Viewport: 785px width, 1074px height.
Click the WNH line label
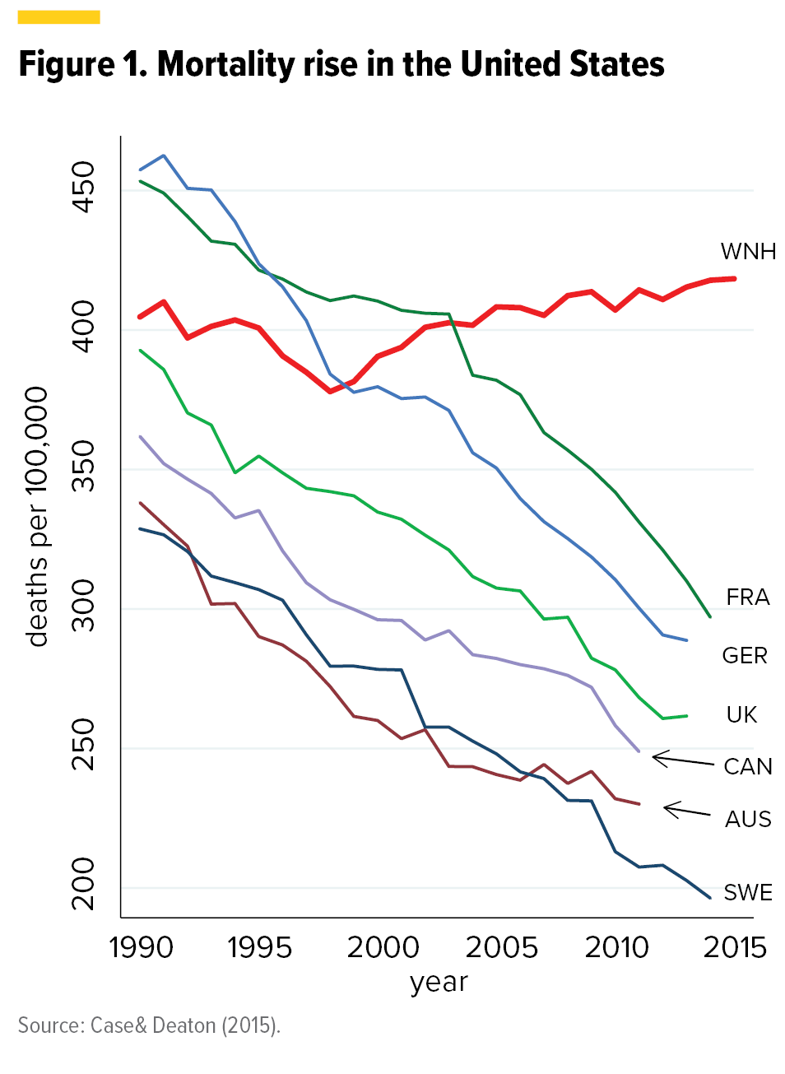(748, 251)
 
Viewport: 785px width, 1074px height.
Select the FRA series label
(747, 597)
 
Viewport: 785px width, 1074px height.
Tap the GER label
(745, 655)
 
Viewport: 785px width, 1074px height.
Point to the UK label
(741, 714)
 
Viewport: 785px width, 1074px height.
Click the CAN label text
(748, 766)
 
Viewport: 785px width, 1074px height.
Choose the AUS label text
(748, 819)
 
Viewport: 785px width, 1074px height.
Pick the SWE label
(748, 892)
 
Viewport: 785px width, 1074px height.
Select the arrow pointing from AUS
(687, 811)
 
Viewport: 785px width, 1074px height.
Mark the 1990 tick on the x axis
(141, 947)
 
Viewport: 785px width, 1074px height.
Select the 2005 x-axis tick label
(501, 947)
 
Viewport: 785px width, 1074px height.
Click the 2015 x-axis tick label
(735, 947)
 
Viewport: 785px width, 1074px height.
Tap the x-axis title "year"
(439, 982)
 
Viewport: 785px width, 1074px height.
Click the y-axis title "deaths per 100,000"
(37, 517)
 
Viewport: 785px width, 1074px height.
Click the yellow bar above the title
(59, 16)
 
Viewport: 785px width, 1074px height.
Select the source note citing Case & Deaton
(149, 1025)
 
